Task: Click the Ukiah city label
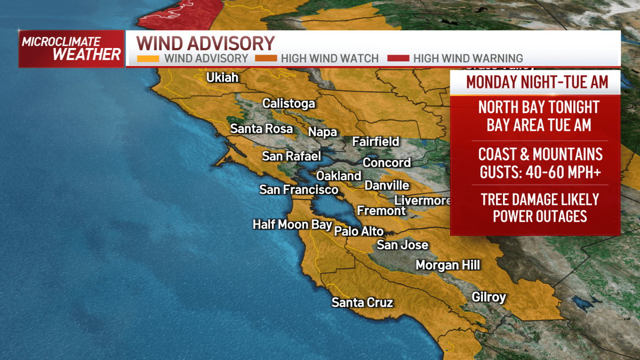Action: (x=222, y=78)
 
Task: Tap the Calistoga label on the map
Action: (x=289, y=103)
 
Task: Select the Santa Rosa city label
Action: (x=261, y=129)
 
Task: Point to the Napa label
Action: (x=323, y=132)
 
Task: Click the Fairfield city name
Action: (x=375, y=142)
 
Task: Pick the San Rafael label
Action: (x=291, y=156)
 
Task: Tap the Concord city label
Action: (x=387, y=163)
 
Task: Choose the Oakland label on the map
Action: (x=339, y=176)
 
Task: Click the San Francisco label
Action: (x=299, y=190)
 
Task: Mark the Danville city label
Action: (x=387, y=186)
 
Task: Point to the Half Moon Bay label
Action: (x=292, y=225)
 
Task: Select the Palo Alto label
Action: (x=359, y=231)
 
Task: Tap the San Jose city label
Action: (x=403, y=245)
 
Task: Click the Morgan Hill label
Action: (x=448, y=265)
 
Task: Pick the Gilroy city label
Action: (x=489, y=297)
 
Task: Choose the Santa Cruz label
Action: (x=362, y=303)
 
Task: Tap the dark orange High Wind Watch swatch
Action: (x=266, y=59)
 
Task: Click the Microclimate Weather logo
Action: (x=71, y=49)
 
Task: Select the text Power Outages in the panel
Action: (x=540, y=217)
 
